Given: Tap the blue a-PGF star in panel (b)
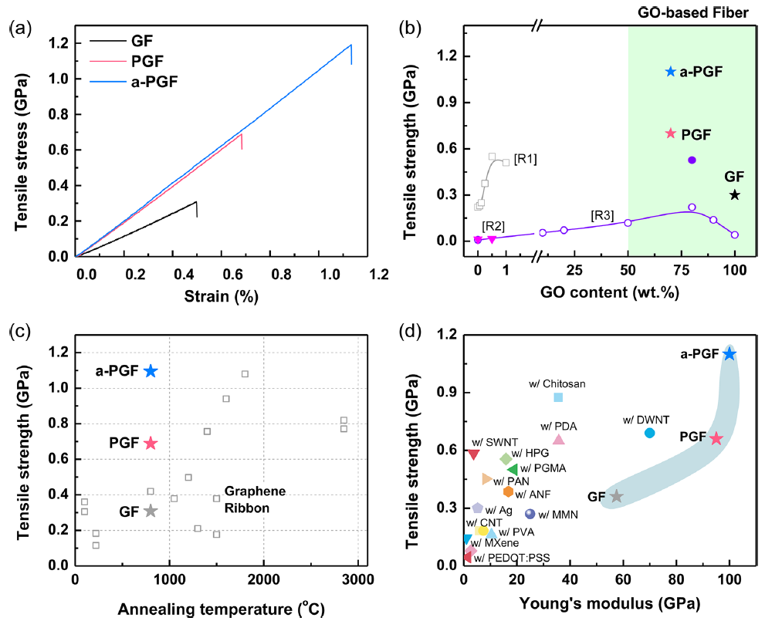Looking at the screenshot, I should (670, 72).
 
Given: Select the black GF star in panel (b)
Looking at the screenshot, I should (735, 195).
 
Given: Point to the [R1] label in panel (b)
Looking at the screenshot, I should (525, 159).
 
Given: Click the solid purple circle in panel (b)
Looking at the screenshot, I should (692, 160).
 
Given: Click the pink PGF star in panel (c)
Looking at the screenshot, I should (151, 443).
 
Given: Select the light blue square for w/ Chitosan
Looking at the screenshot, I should (558, 397).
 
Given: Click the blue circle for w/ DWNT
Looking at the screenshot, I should (650, 433).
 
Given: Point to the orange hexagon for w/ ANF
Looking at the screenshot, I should (508, 492).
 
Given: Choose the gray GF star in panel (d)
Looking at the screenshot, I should (616, 496).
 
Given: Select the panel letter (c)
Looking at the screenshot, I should (19, 332).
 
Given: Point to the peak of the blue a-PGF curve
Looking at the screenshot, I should (351, 45).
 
